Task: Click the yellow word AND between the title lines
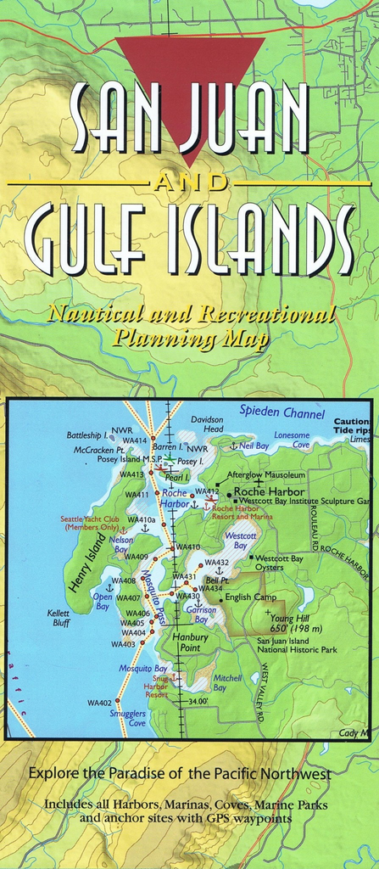pyautogui.click(x=188, y=182)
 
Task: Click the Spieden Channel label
pyautogui.click(x=281, y=414)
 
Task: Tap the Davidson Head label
pyautogui.click(x=207, y=424)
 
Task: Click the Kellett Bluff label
pyautogui.click(x=59, y=618)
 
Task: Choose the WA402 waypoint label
pyautogui.click(x=99, y=703)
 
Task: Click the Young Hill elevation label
pyautogui.click(x=296, y=624)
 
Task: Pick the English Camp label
pyautogui.click(x=250, y=597)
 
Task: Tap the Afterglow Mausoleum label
pyautogui.click(x=266, y=474)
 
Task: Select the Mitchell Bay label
pyautogui.click(x=227, y=682)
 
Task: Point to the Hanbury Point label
pyautogui.click(x=184, y=642)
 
